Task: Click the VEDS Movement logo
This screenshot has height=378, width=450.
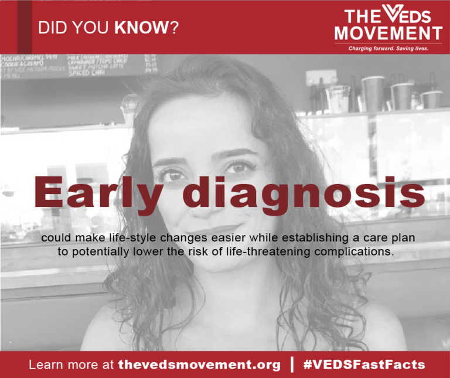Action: [388, 26]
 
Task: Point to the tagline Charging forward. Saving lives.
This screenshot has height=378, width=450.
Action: [388, 49]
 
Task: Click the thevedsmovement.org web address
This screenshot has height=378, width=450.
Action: [199, 365]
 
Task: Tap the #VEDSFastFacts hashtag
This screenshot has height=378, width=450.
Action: [364, 365]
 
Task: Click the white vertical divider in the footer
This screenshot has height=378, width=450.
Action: [292, 364]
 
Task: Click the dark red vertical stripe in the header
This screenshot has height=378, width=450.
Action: [24, 26]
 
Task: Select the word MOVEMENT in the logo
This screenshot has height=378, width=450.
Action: [388, 32]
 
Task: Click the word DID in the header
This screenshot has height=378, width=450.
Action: [52, 28]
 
